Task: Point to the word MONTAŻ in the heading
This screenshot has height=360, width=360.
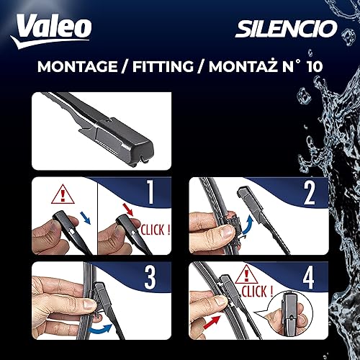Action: pos(237,68)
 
